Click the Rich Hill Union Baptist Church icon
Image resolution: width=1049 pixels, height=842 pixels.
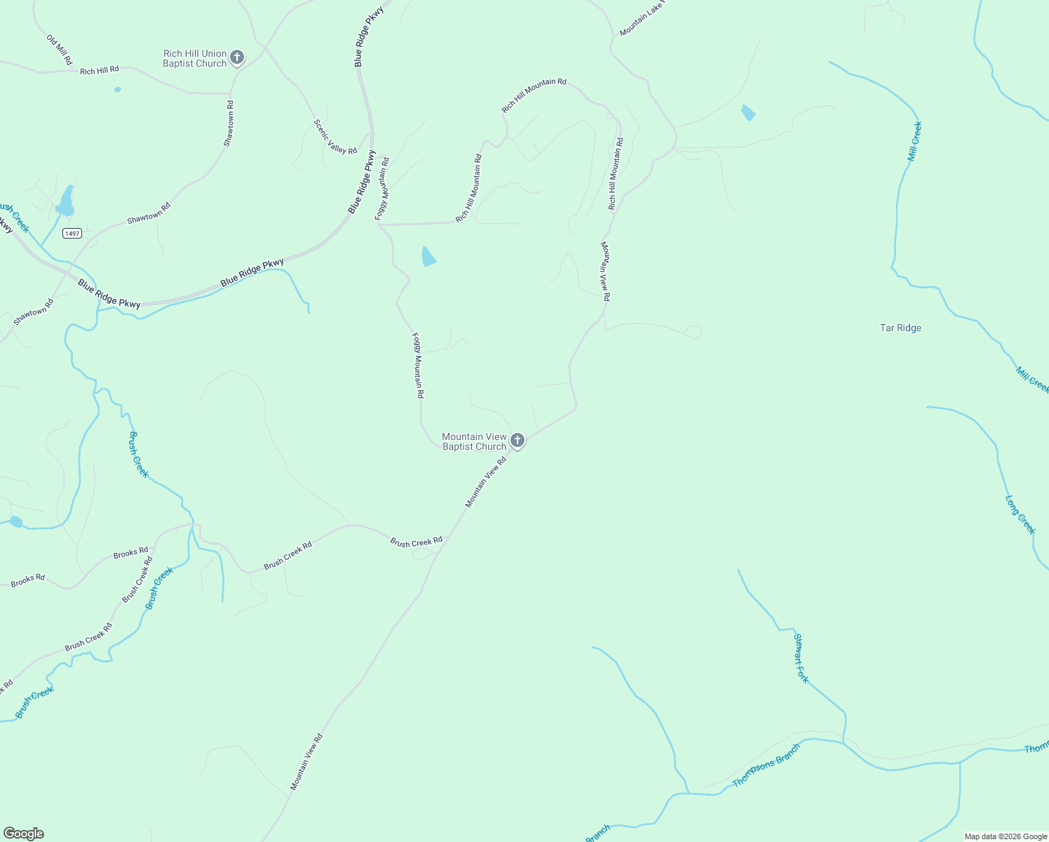tap(237, 58)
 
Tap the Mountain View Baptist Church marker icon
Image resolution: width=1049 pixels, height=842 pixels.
tap(517, 441)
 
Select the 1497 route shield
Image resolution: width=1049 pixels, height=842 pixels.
tap(72, 233)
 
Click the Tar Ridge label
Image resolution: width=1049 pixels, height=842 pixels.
tap(900, 328)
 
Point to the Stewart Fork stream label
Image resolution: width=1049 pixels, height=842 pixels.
tap(801, 658)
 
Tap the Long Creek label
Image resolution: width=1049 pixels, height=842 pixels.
tap(1020, 514)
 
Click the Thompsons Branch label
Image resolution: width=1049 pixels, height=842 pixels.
tap(766, 765)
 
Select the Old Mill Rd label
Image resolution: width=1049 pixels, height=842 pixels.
tap(60, 50)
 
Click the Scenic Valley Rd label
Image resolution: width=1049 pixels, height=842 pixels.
tap(335, 137)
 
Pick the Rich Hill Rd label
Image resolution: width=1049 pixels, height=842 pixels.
tap(100, 70)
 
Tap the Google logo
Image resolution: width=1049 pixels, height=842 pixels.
tap(23, 834)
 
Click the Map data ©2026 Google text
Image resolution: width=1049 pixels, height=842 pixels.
tap(1006, 836)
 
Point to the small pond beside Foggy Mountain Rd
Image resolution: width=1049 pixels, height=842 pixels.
tap(428, 257)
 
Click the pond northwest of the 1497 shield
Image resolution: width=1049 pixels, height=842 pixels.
tap(65, 201)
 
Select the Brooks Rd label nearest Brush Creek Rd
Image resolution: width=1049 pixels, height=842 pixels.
tap(130, 553)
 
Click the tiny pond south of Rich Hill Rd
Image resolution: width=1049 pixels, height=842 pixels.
tap(117, 90)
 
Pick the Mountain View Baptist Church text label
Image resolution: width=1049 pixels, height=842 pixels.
tap(474, 441)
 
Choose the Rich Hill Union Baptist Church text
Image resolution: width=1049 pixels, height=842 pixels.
tap(195, 58)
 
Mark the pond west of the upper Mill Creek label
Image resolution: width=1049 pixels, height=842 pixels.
tap(748, 112)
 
